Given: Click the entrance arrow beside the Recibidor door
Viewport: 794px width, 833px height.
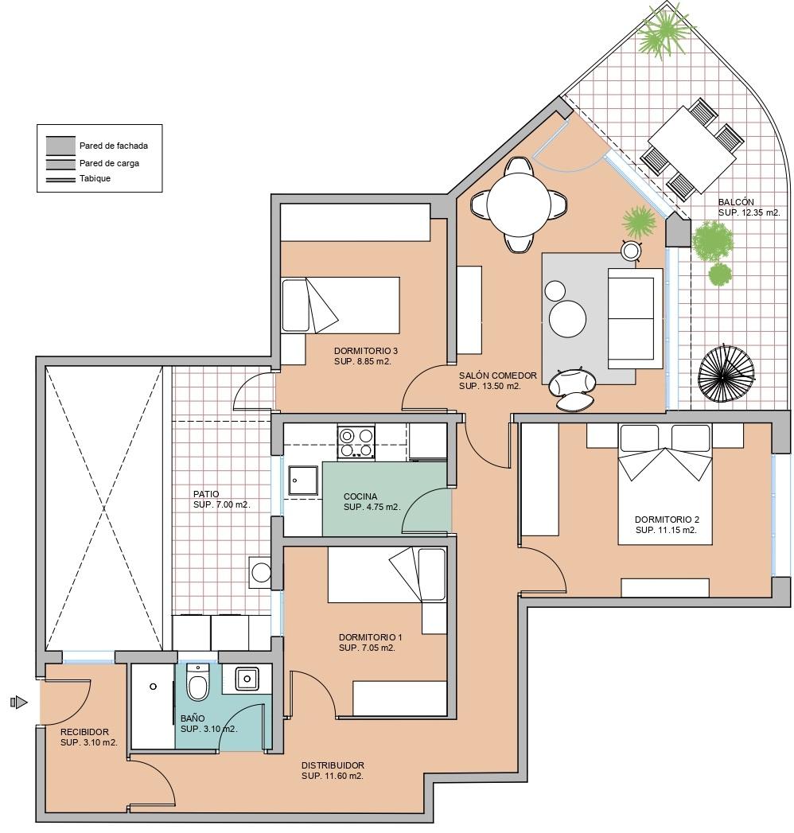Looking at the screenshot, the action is pyautogui.click(x=19, y=703).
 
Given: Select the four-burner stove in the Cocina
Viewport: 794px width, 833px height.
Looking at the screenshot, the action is pyautogui.click(x=356, y=443).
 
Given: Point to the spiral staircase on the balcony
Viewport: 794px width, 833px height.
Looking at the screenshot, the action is pyautogui.click(x=727, y=375).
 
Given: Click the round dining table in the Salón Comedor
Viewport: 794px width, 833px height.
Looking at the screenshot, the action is pyautogui.click(x=519, y=205).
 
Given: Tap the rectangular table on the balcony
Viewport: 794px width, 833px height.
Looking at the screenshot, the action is pyautogui.click(x=691, y=150).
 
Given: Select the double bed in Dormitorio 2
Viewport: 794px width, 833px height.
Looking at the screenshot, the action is pyautogui.click(x=665, y=484).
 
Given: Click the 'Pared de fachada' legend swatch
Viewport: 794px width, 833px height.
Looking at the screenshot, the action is pyautogui.click(x=60, y=145).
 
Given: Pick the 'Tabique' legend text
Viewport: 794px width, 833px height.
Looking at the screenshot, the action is pyautogui.click(x=95, y=178).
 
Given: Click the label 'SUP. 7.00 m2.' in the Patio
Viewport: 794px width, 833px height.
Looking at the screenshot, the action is pyautogui.click(x=221, y=504).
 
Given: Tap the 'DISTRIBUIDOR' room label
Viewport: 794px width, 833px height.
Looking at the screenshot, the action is pyautogui.click(x=333, y=765).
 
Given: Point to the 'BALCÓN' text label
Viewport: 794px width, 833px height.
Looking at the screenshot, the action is pyautogui.click(x=736, y=202).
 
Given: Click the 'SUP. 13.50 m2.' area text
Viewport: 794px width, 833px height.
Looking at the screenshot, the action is pyautogui.click(x=489, y=386).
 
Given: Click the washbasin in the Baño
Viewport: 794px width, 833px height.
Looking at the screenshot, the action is pyautogui.click(x=247, y=679).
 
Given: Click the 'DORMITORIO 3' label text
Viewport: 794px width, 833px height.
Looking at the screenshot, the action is pyautogui.click(x=366, y=351).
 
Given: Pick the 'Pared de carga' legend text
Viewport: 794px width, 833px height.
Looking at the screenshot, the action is pyautogui.click(x=110, y=164).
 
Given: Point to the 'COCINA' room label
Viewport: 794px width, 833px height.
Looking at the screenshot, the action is pyautogui.click(x=360, y=496).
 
